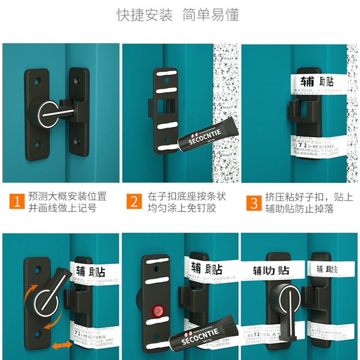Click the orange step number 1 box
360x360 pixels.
coord(17,202)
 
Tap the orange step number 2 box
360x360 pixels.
coord(134,202)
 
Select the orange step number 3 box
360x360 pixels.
coord(254,202)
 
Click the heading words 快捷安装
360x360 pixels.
coord(145,15)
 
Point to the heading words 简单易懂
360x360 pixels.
coord(211,15)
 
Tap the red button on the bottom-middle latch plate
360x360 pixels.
coord(157,310)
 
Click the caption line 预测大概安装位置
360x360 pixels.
coord(67,197)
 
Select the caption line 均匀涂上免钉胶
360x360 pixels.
coord(184,208)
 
